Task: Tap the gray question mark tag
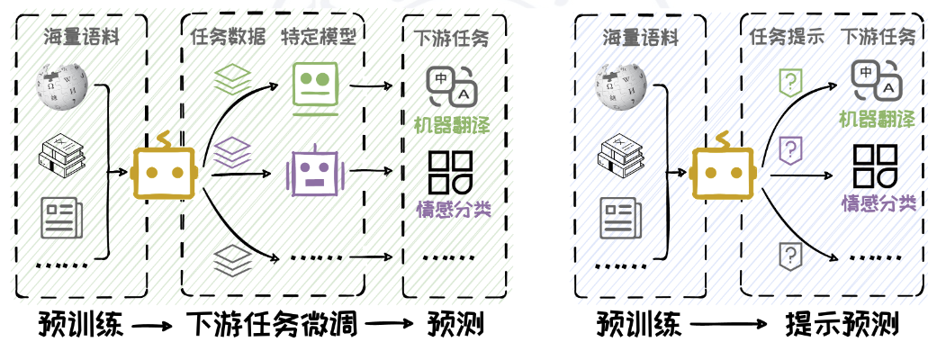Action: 789,256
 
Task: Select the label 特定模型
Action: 319,39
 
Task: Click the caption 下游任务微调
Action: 272,324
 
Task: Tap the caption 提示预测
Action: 842,324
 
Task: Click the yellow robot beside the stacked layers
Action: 164,171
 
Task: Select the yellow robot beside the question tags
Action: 722,171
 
